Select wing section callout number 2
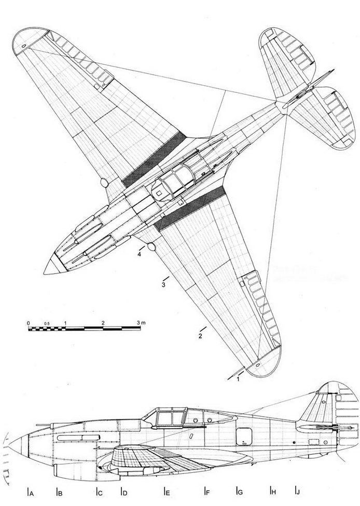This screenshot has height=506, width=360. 199,336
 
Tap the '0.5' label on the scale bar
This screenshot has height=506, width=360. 47,323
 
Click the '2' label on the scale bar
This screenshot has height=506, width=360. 104,323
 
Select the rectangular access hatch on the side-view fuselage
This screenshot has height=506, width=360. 241,436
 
